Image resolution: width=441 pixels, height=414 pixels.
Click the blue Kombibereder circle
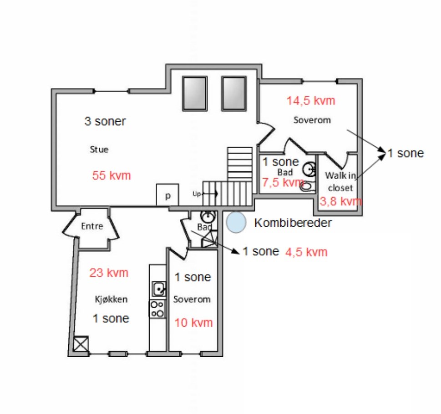click(x=236, y=222)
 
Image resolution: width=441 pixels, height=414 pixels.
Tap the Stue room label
click(x=99, y=150)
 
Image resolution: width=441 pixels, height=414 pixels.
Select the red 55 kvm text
click(x=112, y=175)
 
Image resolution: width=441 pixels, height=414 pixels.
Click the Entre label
click(x=92, y=226)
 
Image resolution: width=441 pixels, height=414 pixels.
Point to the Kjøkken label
click(x=111, y=299)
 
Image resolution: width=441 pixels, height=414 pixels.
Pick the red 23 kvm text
click(x=109, y=273)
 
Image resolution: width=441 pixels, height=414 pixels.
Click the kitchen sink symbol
click(x=159, y=289)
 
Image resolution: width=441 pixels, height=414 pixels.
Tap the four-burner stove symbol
click(x=157, y=309)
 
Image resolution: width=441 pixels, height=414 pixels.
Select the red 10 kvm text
click(x=193, y=323)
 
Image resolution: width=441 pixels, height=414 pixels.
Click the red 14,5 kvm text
click(x=311, y=101)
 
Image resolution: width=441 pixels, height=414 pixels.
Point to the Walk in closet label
click(x=340, y=181)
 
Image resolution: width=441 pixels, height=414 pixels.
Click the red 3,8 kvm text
click(x=340, y=201)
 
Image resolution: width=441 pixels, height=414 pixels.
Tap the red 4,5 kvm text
click(x=306, y=252)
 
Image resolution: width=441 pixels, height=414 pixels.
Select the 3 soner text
click(x=105, y=121)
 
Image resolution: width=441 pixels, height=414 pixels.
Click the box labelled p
click(x=167, y=195)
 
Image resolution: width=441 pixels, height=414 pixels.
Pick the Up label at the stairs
click(x=197, y=194)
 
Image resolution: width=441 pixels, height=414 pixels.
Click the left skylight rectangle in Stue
click(x=195, y=94)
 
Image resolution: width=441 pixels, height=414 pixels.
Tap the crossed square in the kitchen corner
click(x=81, y=344)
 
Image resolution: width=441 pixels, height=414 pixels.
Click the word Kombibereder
click(x=293, y=223)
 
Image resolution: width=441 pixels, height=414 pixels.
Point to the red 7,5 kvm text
click(x=283, y=183)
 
